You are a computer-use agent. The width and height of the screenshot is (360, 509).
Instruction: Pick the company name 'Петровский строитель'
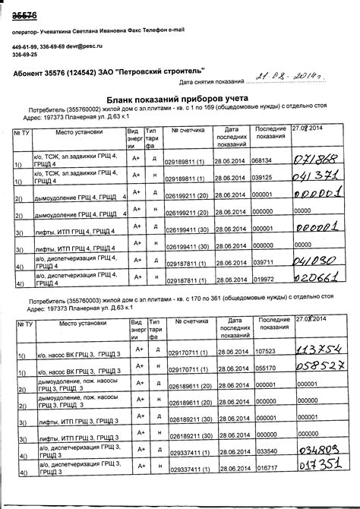coord(156,73)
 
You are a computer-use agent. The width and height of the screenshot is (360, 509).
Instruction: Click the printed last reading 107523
coord(266,352)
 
